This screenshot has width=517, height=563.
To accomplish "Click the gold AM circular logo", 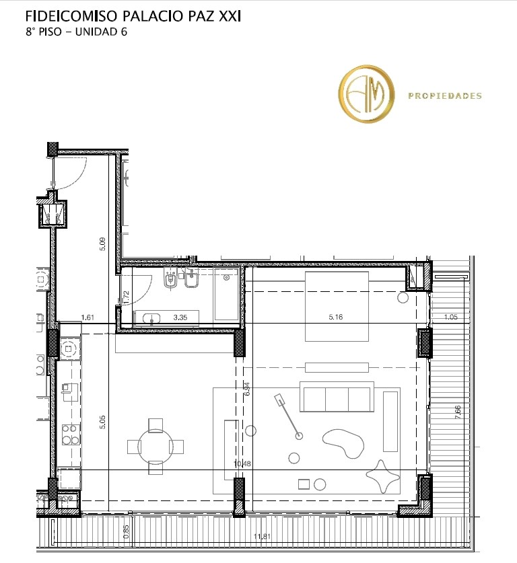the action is point(366,94).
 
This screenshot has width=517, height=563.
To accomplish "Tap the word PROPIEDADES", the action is point(445,96).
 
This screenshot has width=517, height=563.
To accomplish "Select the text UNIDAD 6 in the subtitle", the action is point(101,32).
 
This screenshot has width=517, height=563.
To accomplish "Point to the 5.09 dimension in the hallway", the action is point(103,244).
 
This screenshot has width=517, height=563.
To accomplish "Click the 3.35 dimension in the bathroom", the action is point(180,317).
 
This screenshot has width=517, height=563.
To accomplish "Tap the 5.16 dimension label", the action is point(335,317).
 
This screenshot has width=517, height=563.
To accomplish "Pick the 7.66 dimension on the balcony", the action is point(458,412).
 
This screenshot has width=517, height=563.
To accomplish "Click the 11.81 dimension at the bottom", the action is point(262,536).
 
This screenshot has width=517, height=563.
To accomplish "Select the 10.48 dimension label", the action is point(242,463).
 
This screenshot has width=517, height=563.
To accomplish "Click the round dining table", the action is point(156,447).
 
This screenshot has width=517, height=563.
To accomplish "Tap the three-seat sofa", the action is point(337,397).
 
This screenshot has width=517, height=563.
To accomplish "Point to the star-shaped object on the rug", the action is point(382,476).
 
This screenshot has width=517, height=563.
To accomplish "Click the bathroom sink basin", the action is point(151,318).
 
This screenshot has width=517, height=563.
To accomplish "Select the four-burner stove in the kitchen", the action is point(71,435).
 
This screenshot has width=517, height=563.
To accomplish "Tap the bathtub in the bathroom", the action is point(226,295).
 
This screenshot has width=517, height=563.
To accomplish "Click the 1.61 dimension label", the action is point(88,317).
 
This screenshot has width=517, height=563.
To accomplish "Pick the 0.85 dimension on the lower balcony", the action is point(126,532).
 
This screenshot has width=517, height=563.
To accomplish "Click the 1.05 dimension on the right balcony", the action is point(451,317).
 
